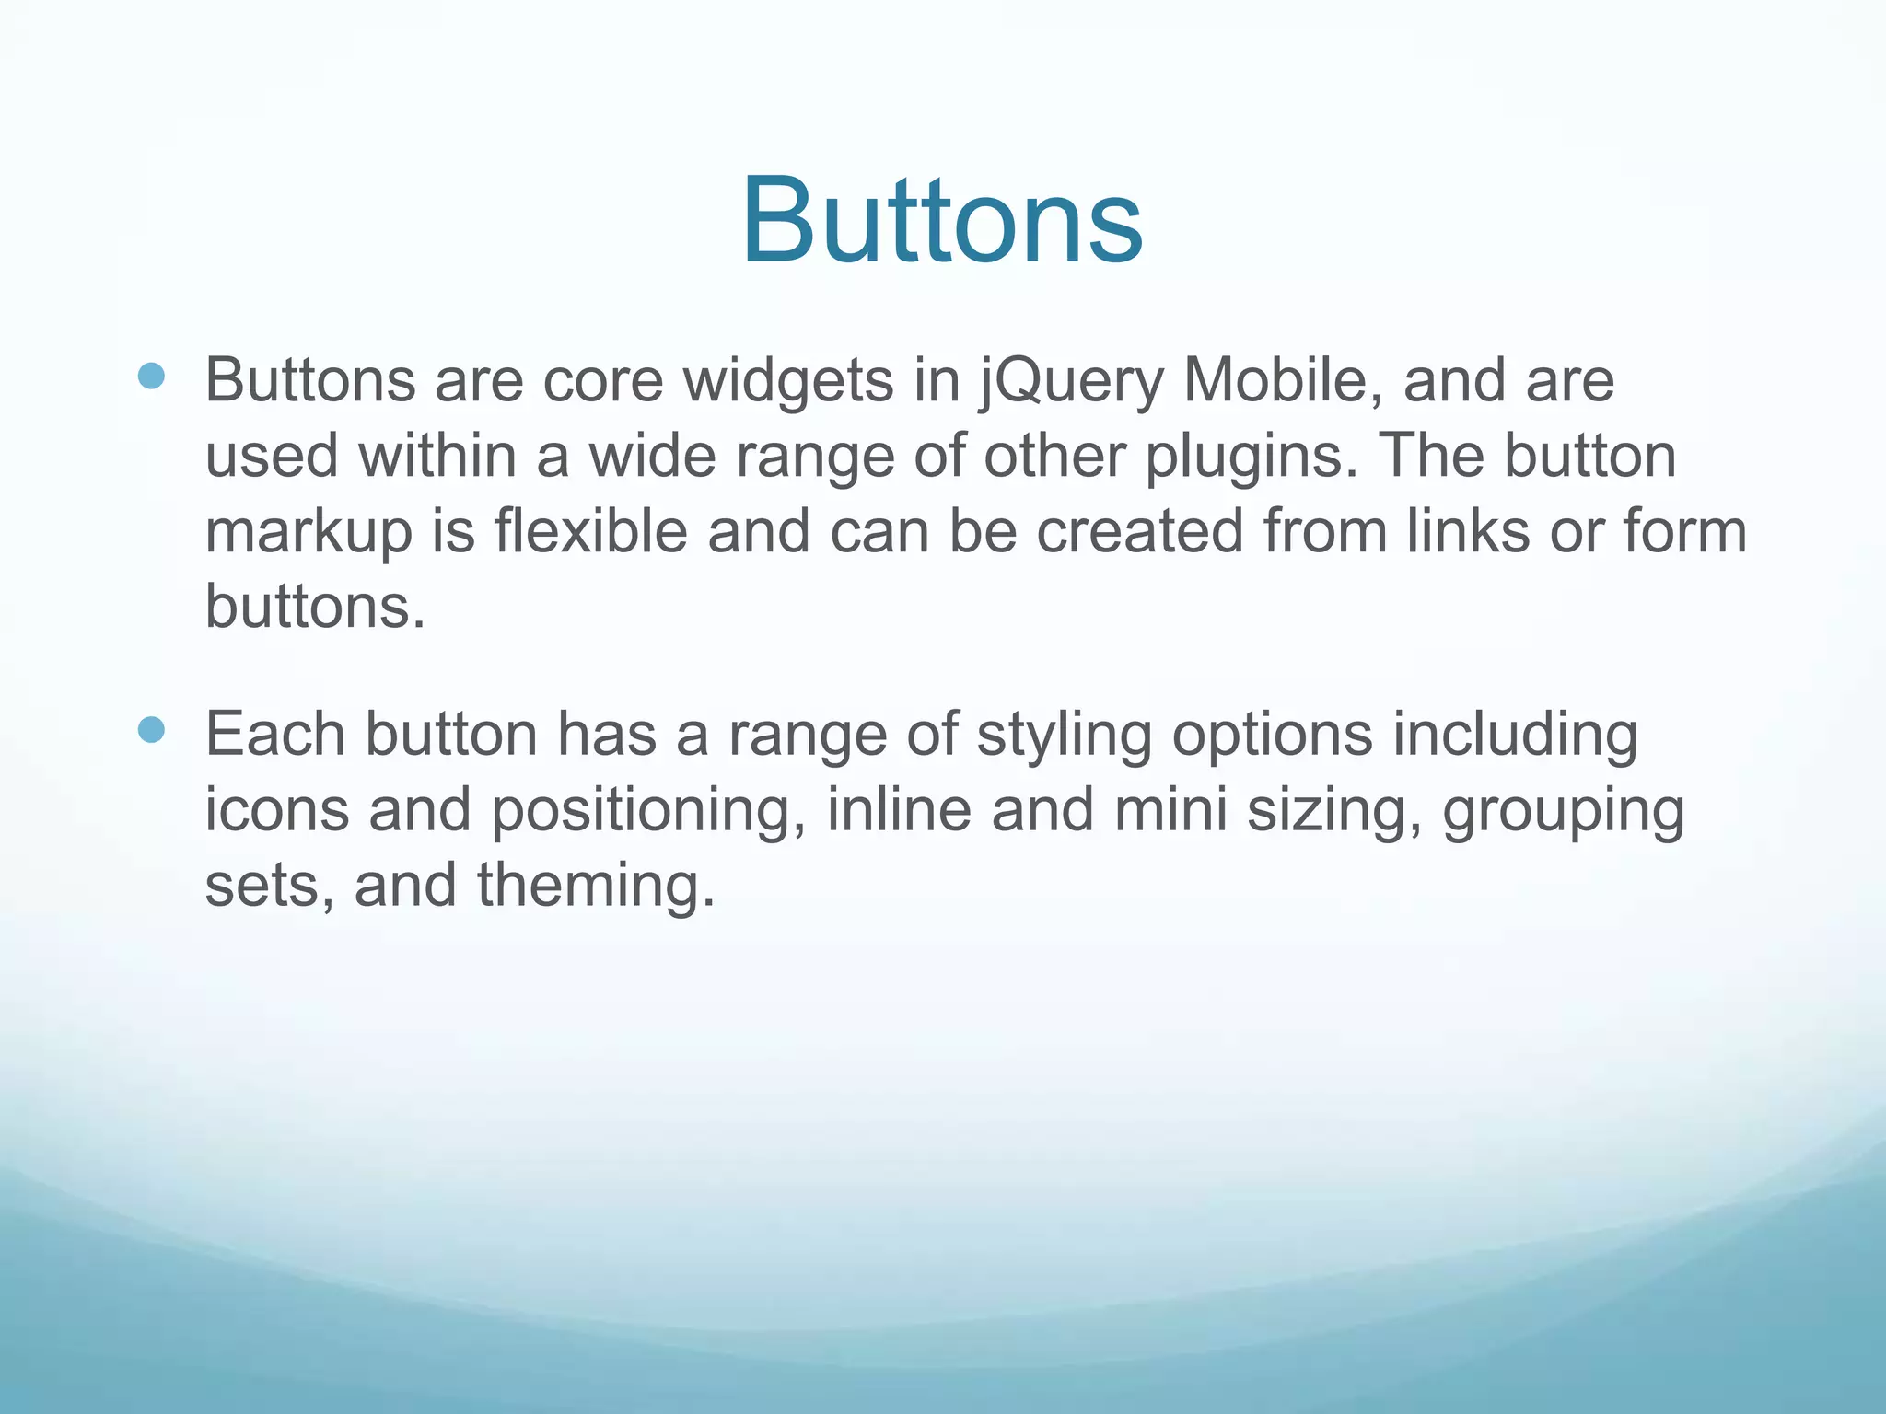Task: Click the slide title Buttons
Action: pos(942,221)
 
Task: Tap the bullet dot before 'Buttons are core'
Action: pos(151,376)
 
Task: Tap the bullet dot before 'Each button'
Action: pos(151,730)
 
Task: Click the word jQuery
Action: pos(1071,382)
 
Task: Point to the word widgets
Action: pos(787,382)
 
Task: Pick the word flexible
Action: pos(591,532)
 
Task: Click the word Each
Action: pos(275,735)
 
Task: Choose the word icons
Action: pos(277,810)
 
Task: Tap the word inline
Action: pos(899,810)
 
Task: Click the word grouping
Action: pos(1563,812)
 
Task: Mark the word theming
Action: pos(595,886)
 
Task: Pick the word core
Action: pos(602,382)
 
